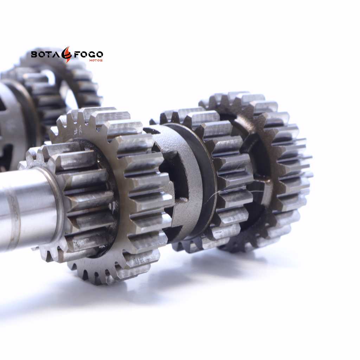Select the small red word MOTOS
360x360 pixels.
(96, 60)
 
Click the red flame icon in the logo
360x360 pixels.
(67, 54)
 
